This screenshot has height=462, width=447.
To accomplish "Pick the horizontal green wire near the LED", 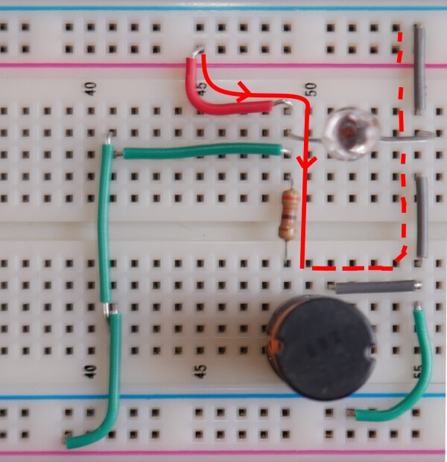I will pyautogui.click(x=201, y=152).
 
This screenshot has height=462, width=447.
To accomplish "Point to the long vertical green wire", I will pyautogui.click(x=107, y=223).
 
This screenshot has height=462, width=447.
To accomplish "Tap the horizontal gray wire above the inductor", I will pyautogui.click(x=375, y=286).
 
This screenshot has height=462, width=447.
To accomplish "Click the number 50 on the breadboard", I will pyautogui.click(x=311, y=90).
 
